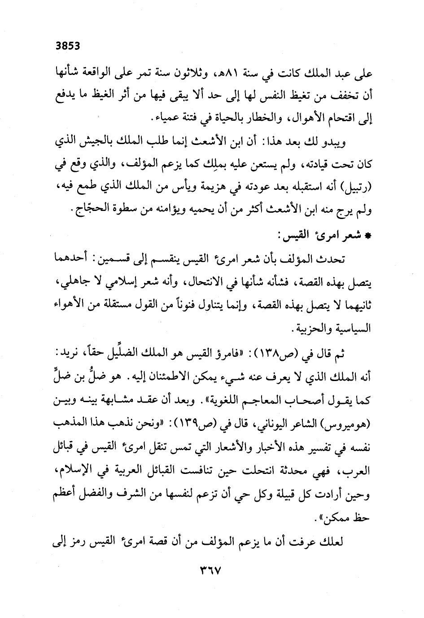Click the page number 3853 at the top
click(x=67, y=45)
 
